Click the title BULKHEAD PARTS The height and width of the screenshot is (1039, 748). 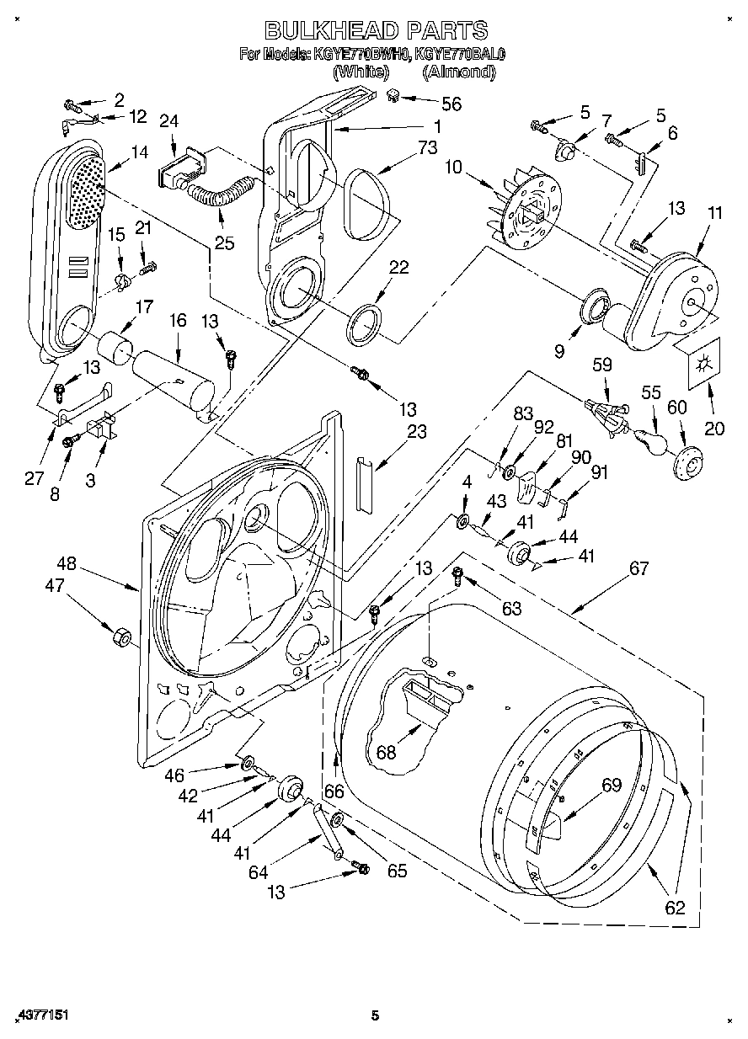[376, 30]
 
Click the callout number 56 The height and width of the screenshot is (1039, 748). [451, 104]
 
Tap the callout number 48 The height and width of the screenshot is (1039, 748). [67, 563]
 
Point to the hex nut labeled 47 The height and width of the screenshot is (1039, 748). [119, 636]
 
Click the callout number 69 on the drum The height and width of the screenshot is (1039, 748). [611, 786]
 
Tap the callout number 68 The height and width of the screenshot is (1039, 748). [386, 752]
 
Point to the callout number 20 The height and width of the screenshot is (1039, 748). [714, 428]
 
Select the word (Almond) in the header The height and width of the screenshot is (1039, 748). [458, 72]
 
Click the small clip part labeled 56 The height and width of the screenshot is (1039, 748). [393, 97]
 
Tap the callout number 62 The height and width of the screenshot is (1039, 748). [675, 908]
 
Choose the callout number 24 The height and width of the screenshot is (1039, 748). [168, 121]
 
